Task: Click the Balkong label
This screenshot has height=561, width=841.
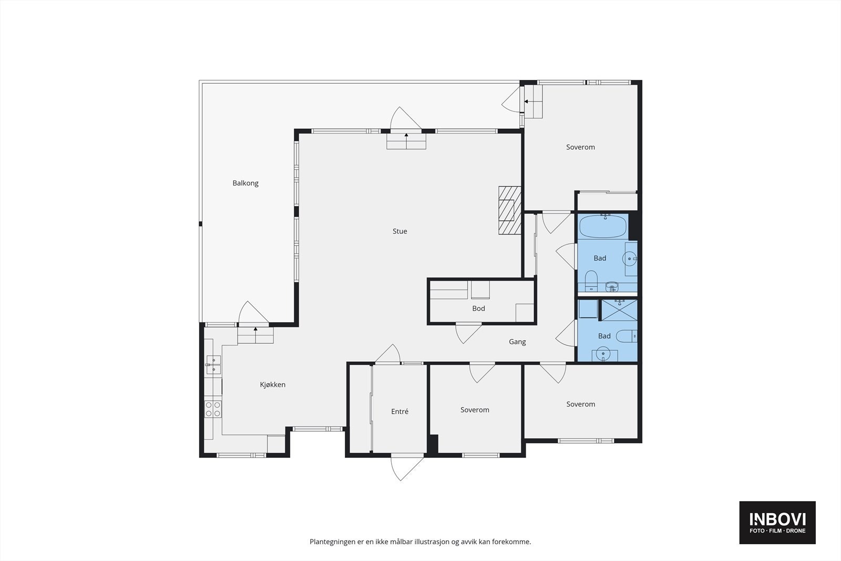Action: (245, 183)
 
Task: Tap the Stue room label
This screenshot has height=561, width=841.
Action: (400, 231)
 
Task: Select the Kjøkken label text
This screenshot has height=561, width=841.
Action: (273, 384)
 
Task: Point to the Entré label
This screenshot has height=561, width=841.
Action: (399, 412)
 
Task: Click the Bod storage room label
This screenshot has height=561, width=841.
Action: (478, 308)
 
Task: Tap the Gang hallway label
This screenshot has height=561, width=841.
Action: (517, 342)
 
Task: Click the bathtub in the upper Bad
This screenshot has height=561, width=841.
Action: (603, 227)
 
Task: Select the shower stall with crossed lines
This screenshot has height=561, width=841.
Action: (620, 310)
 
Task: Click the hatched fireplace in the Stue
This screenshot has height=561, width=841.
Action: (510, 210)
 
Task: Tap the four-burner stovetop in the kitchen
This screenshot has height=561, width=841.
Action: (213, 409)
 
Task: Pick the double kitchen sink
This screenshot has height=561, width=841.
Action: (213, 364)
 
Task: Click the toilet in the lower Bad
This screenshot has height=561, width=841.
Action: (627, 335)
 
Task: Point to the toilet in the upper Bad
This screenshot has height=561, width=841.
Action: (591, 281)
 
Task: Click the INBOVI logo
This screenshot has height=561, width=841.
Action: (777, 522)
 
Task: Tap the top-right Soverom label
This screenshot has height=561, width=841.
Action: (580, 147)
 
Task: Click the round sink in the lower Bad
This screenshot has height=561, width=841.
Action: (603, 354)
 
